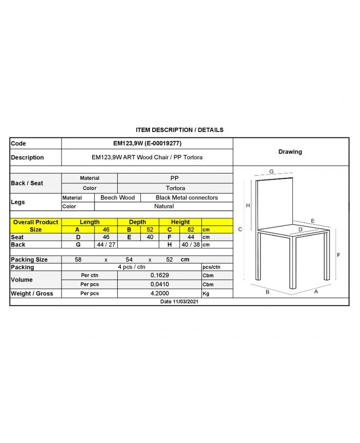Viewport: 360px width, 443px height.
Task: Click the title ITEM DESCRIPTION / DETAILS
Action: tap(179, 130)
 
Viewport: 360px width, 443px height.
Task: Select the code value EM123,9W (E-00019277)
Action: tap(147, 143)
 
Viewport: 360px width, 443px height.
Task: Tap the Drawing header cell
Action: tap(290, 152)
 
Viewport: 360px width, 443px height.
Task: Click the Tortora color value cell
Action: tap(175, 188)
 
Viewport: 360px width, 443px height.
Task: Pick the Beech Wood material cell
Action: tap(117, 197)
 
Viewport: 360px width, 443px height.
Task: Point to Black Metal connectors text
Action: tap(187, 197)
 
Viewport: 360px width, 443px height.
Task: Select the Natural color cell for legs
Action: tap(164, 206)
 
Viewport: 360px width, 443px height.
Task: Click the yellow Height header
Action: tap(180, 222)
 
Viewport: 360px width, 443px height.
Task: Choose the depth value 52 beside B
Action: tap(149, 230)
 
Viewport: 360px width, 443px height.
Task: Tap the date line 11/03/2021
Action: tap(179, 301)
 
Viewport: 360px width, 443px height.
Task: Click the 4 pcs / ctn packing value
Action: tap(131, 267)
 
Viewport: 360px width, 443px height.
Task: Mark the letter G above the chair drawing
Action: tap(271, 171)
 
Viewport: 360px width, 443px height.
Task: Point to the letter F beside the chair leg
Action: tap(338, 255)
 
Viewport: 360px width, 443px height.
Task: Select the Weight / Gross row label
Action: tap(32, 294)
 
